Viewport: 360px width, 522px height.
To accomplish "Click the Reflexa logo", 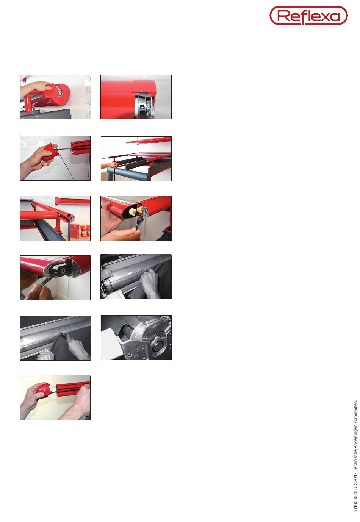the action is (308, 16).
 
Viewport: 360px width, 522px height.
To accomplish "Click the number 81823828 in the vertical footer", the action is (355, 500).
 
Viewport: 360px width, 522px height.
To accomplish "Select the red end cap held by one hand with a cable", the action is (50, 152).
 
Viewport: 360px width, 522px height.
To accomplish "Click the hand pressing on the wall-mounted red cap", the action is (36, 88).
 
